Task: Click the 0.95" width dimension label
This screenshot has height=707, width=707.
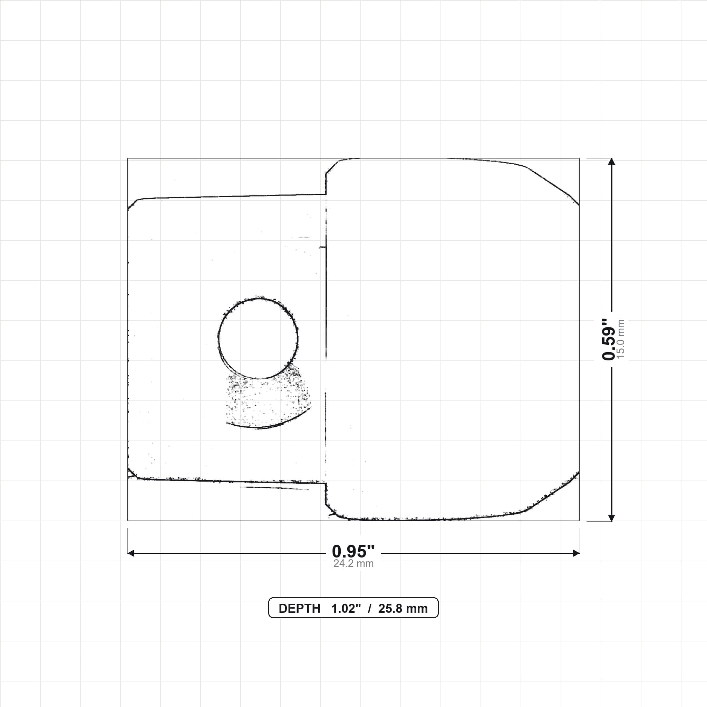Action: [x=353, y=551]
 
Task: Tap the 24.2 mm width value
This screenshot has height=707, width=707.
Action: [x=353, y=563]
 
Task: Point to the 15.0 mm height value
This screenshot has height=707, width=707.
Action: [x=621, y=339]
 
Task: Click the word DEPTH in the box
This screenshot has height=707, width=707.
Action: [x=299, y=609]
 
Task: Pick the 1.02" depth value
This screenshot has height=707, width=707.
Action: [x=346, y=609]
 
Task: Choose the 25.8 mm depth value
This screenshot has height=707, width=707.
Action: [x=403, y=609]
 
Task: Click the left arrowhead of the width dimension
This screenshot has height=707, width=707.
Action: [x=131, y=553]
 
